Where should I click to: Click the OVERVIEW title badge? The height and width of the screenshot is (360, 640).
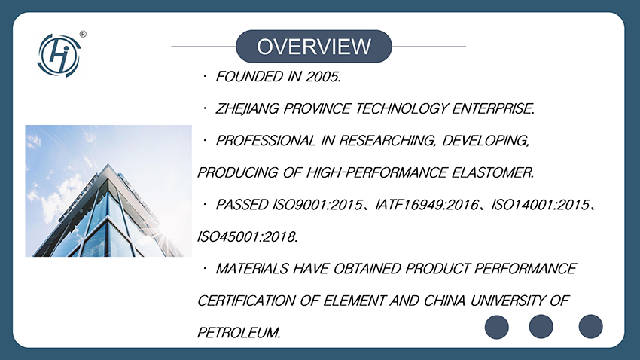coord(314,46)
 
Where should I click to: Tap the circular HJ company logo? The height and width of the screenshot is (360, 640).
coord(59,56)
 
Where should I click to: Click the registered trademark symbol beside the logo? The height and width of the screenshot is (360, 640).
coord(83,35)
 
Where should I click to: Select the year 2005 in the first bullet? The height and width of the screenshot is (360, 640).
coord(323,76)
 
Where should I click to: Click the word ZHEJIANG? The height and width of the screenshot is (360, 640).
coord(247,108)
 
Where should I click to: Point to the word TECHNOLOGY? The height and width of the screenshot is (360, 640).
coord(401,108)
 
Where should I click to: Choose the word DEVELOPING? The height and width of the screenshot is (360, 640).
coord(486,141)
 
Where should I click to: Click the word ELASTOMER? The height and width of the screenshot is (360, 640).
coord(492,172)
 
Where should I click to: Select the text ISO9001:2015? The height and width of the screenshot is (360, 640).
coord(318,205)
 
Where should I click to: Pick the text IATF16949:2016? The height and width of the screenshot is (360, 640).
coord(427,205)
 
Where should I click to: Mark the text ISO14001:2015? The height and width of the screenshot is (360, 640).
coord(541,205)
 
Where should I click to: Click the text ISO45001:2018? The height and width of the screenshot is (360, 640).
coord(248,236)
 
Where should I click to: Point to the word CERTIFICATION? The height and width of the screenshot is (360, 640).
coord(246,301)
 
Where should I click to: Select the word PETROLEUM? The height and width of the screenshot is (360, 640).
coord(239,333)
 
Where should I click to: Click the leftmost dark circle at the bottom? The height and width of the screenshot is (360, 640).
coord(497,327)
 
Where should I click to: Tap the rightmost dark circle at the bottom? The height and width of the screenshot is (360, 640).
coord(590,327)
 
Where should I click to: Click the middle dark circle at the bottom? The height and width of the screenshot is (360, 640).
coord(541,327)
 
